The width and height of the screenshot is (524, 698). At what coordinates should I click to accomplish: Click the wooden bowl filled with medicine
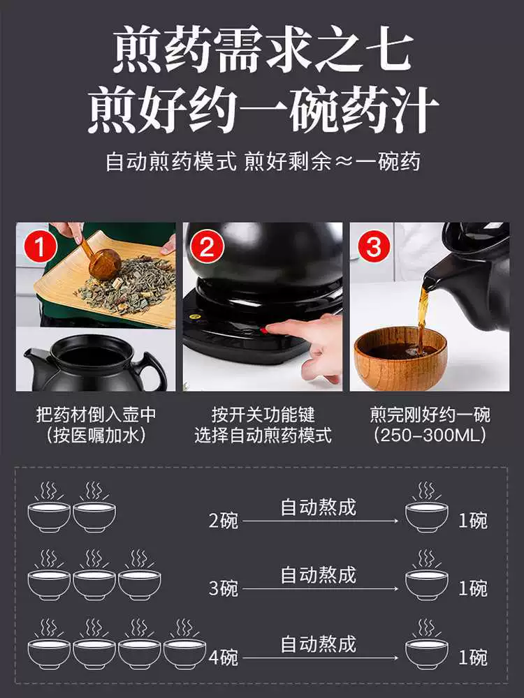point(400,357)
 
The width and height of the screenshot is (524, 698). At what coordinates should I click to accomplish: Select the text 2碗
point(224,521)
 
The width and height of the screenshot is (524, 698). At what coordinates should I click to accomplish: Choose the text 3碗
point(224,588)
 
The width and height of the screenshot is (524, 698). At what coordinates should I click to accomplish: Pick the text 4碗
point(224,657)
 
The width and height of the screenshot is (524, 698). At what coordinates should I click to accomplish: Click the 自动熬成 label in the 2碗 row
point(318,507)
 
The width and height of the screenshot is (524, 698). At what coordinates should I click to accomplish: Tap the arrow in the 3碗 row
point(321,588)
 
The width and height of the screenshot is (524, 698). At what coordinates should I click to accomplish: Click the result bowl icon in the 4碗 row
point(426,644)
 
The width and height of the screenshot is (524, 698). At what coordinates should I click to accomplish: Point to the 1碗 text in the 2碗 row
point(473,521)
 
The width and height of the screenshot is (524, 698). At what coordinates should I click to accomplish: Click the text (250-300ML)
point(430,435)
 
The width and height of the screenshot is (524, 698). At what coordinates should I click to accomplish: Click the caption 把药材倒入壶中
point(96,415)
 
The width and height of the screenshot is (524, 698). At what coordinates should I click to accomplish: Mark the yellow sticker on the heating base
point(193,318)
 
